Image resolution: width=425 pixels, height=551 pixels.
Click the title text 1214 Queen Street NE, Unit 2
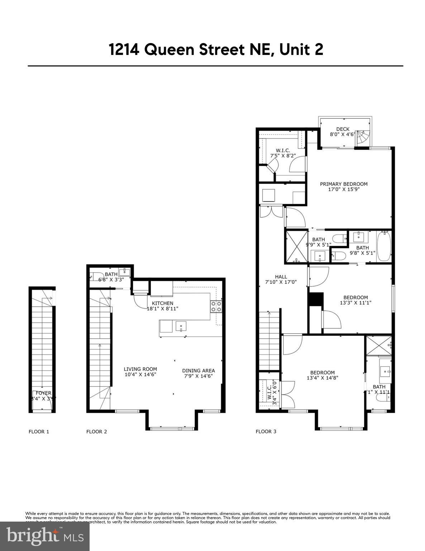216,50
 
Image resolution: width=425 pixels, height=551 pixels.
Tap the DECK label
342,129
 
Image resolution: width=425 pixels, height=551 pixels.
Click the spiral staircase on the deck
363,138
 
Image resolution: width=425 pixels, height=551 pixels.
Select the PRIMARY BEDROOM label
343,184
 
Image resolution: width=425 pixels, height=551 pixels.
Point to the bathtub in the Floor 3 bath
383,246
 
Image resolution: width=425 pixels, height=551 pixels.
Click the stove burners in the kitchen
216,306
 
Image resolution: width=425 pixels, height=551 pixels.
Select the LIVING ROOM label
140,369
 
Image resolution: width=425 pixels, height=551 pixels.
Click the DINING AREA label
198,371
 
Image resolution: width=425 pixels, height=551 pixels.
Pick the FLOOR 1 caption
39,432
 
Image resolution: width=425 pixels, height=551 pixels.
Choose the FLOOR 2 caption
96,432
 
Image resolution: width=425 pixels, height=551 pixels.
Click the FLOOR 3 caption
266,432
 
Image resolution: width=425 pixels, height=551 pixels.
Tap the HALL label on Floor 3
281,277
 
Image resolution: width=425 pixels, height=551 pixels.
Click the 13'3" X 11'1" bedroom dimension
355,302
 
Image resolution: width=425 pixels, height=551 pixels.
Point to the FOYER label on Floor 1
43,393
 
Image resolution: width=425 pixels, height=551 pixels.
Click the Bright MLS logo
45,536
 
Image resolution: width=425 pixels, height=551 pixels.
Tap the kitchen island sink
181,326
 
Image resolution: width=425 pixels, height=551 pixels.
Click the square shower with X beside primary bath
296,246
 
